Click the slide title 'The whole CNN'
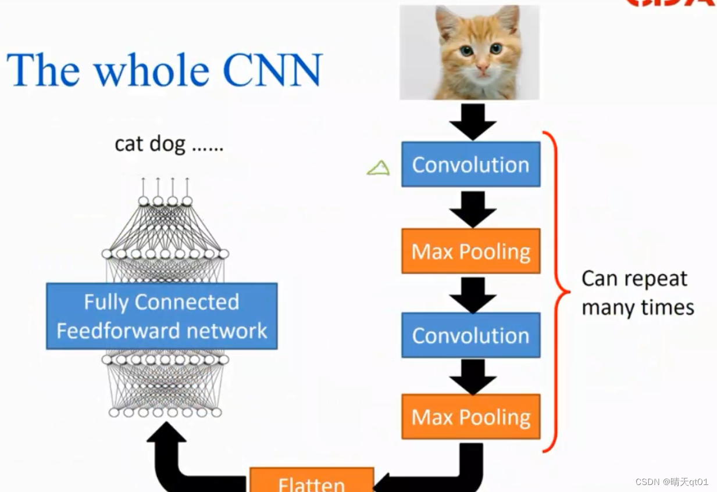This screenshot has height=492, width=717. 164,70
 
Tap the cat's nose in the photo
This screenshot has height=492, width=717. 483,69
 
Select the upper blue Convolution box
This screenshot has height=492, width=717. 470,165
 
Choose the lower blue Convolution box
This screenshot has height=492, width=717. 470,335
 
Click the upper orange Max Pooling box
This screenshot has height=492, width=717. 470,252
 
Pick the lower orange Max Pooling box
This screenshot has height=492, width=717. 470,417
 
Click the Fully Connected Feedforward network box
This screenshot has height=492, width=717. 162,316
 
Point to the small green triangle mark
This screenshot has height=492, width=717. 379,169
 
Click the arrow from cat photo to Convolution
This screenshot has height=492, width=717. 473,121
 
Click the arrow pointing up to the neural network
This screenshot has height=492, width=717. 169,459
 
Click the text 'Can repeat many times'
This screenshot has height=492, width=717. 637,293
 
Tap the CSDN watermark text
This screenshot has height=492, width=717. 672,482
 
